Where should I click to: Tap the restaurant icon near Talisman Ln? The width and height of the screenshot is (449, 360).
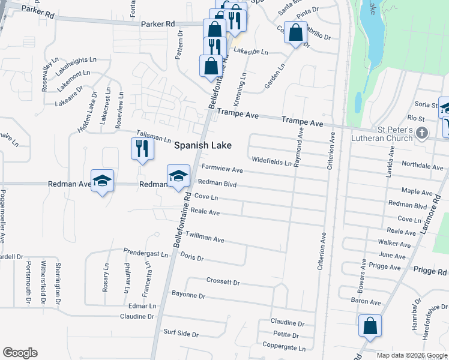point(142,148)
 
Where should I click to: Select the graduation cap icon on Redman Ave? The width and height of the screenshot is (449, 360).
point(102,181)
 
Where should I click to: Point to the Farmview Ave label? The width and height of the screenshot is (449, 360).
point(221,170)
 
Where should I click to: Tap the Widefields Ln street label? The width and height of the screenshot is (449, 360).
point(271,161)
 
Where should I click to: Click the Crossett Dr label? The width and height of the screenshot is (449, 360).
point(223,281)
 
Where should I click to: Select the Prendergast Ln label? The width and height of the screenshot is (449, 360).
point(146,253)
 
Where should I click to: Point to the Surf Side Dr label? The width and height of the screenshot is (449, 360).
point(180,332)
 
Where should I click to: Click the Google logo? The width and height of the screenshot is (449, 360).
point(20,353)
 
